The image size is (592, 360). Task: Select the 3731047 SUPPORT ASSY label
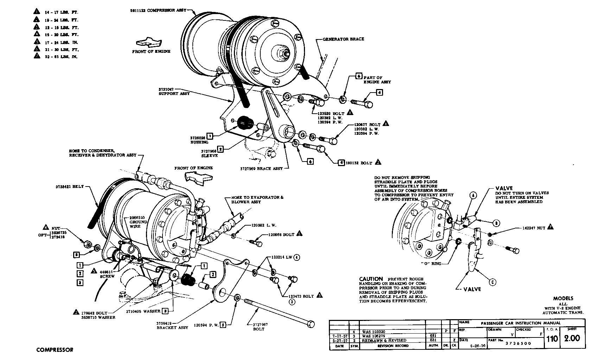pos(174,92)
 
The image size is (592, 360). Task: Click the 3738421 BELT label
pos(69,187)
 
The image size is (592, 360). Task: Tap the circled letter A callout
pos(473,195)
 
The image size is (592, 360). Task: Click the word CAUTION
pos(371,278)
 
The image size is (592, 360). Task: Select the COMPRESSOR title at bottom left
pos(55,350)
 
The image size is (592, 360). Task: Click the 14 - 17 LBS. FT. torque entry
pos(61,12)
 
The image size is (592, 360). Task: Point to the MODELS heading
pos(563,298)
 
